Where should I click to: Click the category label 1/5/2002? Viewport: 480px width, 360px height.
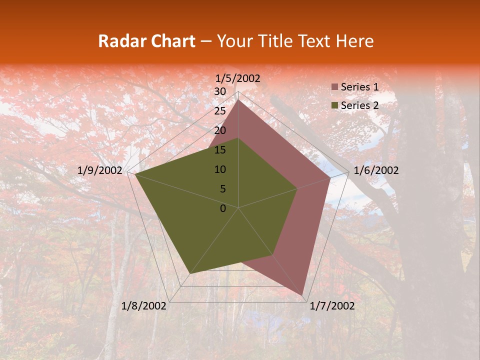pos(238,78)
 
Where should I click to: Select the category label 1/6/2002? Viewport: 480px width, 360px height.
pos(376,170)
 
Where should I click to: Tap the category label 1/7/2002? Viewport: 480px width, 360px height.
pos(332,306)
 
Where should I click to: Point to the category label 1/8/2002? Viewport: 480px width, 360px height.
pos(144,306)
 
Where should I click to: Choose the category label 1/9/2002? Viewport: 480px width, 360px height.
pos(100,170)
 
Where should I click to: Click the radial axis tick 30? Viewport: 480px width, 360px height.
pos(220,91)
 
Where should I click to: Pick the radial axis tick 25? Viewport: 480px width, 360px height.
pos(220,111)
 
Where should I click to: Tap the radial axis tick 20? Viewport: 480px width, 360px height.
pos(220,130)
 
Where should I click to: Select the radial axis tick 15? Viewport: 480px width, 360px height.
pos(220,150)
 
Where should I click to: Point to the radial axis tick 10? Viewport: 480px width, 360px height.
pos(220,169)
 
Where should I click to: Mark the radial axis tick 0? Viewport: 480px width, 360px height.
pos(223,208)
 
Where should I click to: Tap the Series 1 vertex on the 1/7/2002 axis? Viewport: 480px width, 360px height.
pos(302,295)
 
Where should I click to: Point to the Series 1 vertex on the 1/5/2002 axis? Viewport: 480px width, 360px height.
pos(238,100)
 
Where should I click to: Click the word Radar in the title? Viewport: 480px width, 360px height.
pos(120,41)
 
